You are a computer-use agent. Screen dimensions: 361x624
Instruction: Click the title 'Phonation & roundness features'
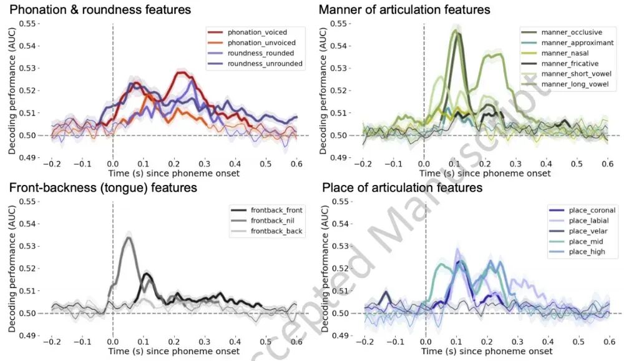coord(100,9)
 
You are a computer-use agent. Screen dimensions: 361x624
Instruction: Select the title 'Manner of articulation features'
coord(404,9)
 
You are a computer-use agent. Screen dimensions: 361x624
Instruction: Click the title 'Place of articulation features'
coord(401,187)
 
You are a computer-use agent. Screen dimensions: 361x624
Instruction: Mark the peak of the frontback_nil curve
coord(129,237)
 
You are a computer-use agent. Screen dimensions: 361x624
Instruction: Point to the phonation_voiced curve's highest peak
coord(180,73)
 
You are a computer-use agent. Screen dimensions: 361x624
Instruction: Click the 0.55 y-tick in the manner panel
coord(338,23)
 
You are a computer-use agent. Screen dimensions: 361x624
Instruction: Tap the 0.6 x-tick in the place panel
coord(607,342)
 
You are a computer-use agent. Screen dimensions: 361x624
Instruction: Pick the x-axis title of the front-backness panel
coord(173,351)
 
